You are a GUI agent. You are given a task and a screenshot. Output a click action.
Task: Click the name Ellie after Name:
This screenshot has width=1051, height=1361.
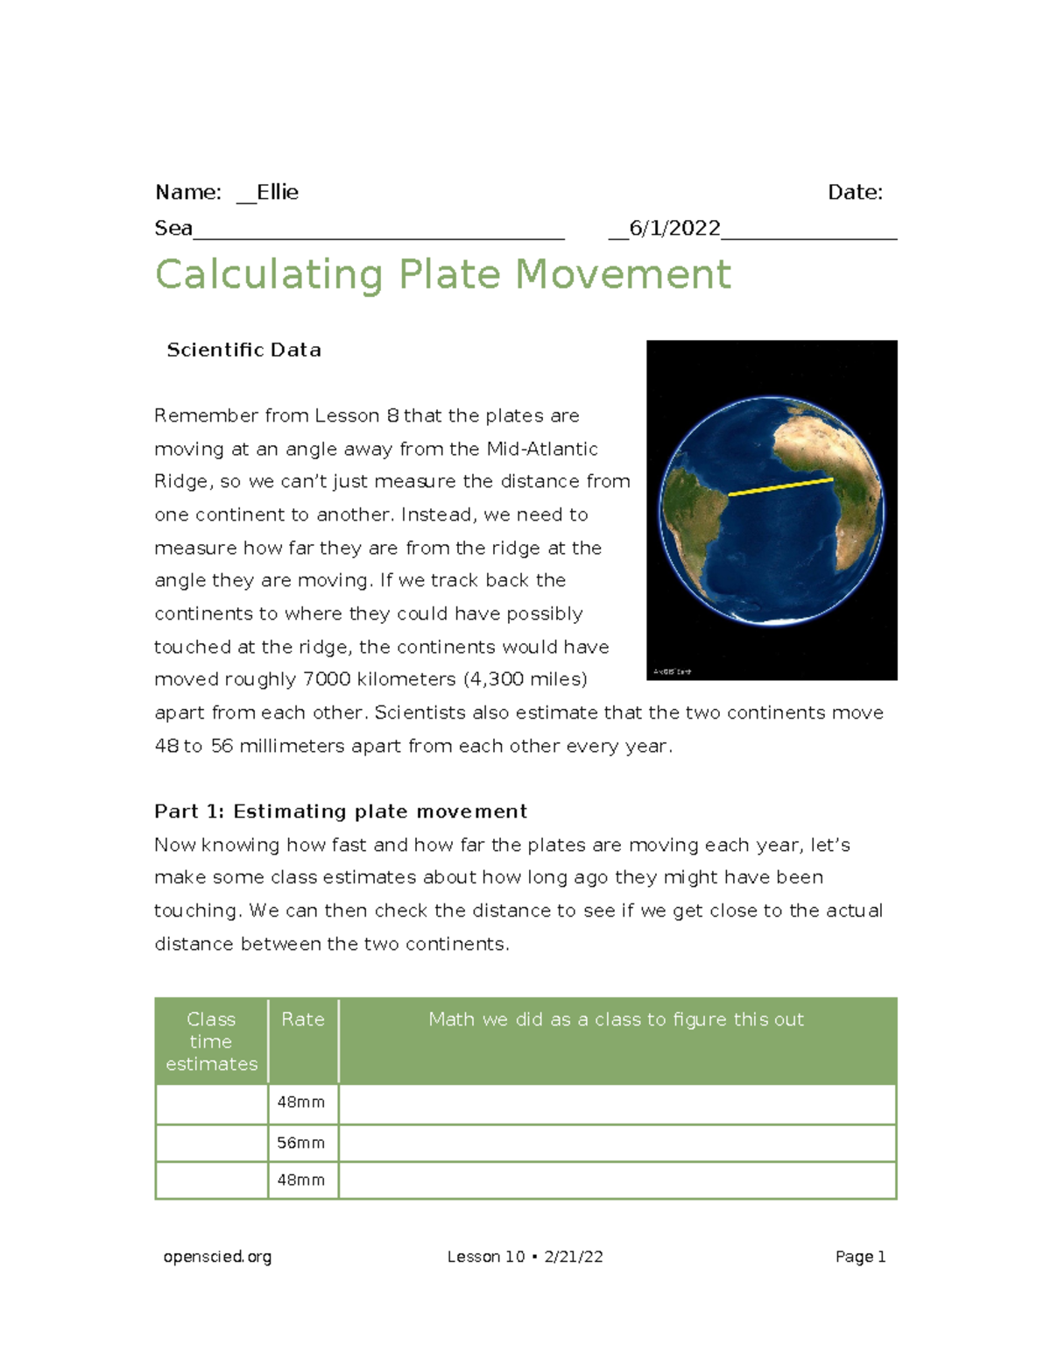(278, 193)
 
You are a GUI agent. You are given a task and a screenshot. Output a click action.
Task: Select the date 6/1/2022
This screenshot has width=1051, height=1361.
(674, 229)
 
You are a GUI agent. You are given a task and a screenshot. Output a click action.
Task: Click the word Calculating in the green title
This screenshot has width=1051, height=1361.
(269, 274)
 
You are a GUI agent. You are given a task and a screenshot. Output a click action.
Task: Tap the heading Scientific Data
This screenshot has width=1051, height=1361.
(243, 351)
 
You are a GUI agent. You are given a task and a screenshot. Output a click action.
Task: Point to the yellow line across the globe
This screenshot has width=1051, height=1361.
(780, 486)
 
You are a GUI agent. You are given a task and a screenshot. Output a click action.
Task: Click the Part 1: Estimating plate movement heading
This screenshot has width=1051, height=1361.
(341, 812)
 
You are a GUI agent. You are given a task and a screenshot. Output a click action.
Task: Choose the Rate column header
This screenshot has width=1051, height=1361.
(303, 1019)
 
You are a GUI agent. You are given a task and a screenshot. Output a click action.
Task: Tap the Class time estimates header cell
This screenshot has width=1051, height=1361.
(211, 1041)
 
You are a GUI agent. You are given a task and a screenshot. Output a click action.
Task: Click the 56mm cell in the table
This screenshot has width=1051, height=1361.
(300, 1143)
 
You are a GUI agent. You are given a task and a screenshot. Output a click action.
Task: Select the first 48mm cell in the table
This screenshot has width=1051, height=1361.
(300, 1102)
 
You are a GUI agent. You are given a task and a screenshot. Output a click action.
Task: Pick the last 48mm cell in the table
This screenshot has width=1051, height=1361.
(300, 1180)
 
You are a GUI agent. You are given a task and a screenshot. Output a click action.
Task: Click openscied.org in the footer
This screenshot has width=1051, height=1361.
(217, 1257)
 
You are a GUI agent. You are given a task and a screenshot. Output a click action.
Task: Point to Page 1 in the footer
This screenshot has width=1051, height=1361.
(860, 1257)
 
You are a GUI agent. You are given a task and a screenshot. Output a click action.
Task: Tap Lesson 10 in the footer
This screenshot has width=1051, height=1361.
(485, 1257)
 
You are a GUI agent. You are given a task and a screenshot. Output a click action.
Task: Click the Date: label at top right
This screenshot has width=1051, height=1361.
(855, 193)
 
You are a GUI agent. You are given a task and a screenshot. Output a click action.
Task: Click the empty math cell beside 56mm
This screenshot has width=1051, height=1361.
(617, 1143)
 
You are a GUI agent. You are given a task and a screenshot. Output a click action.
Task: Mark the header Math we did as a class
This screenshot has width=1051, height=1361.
(616, 1019)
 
